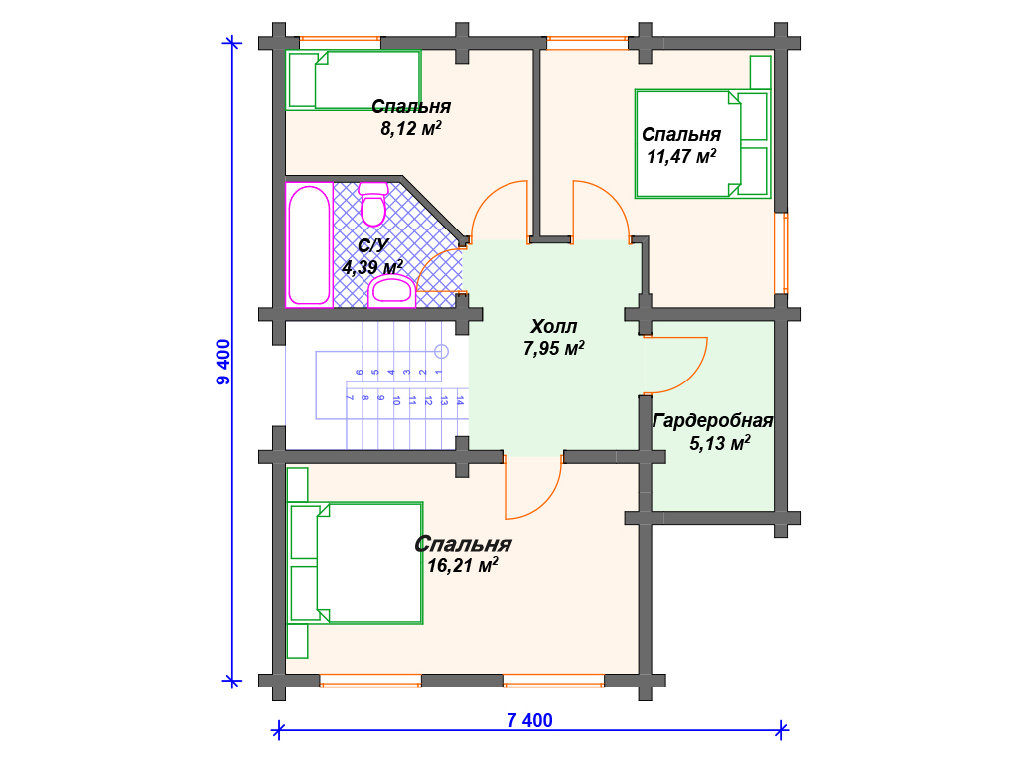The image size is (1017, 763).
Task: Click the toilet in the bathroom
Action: [373, 204]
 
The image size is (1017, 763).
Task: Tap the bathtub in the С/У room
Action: [310, 244]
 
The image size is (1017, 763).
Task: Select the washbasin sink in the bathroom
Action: [391, 291]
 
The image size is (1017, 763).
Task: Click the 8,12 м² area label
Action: [410, 129]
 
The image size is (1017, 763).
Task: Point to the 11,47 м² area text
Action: [681, 156]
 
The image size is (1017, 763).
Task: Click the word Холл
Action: [553, 326]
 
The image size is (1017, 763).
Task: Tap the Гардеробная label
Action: [713, 421]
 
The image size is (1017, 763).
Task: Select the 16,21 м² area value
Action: [463, 565]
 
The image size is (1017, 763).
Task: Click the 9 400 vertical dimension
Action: [223, 362]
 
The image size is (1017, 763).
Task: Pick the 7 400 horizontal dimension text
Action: [530, 721]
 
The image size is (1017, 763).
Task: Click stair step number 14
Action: [460, 401]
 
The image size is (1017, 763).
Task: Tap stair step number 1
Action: [438, 373]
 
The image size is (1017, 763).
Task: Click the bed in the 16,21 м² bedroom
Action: [355, 562]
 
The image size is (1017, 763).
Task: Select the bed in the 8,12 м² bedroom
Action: [354, 80]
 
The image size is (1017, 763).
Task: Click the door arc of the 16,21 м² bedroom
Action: [548, 502]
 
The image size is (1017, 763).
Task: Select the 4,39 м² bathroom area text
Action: [372, 267]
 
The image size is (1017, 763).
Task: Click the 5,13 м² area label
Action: [719, 444]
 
